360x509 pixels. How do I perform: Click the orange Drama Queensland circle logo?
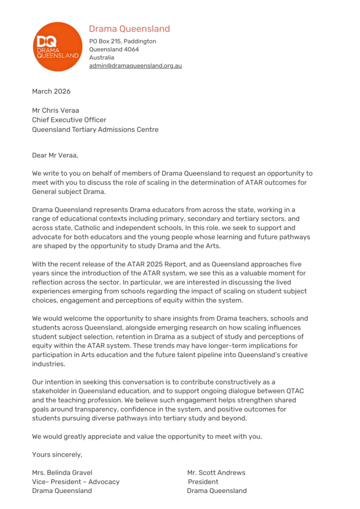57,47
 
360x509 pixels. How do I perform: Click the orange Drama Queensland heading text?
129,29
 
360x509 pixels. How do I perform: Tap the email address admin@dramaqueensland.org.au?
135,66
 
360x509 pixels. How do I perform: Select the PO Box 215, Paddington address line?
122,41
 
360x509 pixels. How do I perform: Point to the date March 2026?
51,91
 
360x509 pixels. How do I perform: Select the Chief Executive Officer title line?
69,120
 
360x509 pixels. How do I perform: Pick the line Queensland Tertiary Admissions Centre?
95,130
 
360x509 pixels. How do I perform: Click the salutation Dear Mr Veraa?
55,155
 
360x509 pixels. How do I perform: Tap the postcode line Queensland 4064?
114,49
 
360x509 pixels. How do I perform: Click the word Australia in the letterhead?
101,58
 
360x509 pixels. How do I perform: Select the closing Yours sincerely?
57,454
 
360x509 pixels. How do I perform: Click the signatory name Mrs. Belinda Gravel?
62,473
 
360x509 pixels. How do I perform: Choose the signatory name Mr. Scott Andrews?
216,473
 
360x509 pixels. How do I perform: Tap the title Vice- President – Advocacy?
76,482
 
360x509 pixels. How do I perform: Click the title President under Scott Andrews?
203,482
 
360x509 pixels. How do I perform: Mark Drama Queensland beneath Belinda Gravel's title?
62,491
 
